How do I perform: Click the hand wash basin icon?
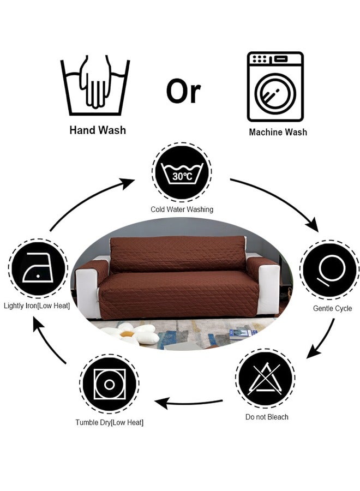coord(95,85)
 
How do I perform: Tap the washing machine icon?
coord(275,87)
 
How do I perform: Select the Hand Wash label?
coord(98,130)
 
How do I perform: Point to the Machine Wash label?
coord(278,132)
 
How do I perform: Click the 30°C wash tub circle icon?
coord(182,172)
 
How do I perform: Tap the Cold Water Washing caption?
coord(182,209)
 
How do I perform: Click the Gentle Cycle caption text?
coord(332,308)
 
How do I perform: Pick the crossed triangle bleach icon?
coord(265,378)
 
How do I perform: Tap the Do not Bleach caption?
coord(267,417)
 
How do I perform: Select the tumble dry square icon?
coord(109,384)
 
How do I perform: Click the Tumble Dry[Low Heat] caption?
coord(109,422)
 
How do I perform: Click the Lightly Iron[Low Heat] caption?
coord(37,306)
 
